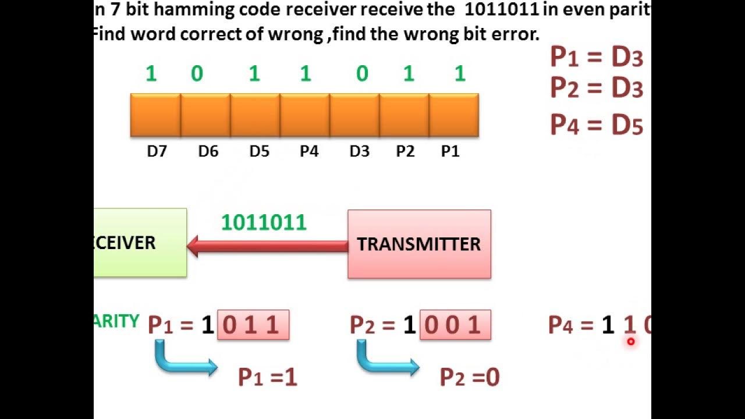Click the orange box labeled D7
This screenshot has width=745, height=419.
coord(155,115)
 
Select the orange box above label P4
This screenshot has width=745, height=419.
coord(304,115)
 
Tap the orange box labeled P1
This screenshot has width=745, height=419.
coord(453,115)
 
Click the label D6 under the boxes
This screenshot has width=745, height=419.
coord(208,151)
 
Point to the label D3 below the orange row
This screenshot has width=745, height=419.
coord(359,151)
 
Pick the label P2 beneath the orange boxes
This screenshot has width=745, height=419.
coord(405,151)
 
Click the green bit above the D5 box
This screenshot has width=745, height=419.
coord(254,74)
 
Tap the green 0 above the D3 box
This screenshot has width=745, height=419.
coord(362,74)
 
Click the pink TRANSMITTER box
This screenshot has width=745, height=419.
coord(419,244)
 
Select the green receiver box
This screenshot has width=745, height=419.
coord(140,243)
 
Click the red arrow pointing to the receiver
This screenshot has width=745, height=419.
coord(267,246)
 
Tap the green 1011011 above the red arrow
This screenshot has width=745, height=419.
coord(264,223)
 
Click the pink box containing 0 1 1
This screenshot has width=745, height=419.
coord(253,325)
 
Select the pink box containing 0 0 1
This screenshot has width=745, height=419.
coord(455,325)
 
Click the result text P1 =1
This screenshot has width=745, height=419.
coord(268,378)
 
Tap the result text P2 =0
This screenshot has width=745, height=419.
coord(470,378)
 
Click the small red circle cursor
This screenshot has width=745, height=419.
coord(630,342)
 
